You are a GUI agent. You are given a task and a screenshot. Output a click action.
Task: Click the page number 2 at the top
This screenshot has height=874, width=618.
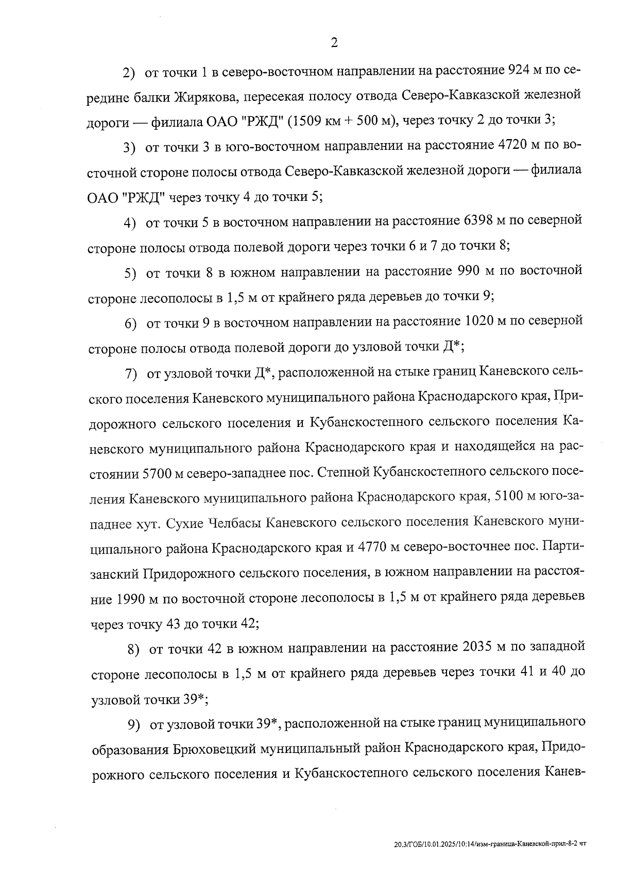pyautogui.click(x=334, y=43)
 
